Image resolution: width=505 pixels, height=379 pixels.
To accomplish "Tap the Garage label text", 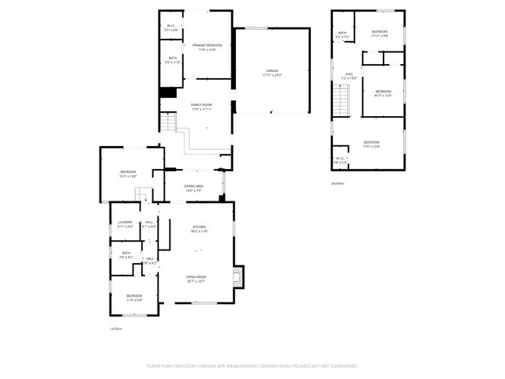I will coord(272,73).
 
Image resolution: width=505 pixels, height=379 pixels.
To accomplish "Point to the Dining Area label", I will coord(194,188).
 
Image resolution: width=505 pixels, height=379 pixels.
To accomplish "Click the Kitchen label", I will coord(199,229).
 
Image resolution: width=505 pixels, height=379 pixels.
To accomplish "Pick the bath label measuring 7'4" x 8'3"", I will coord(126,255).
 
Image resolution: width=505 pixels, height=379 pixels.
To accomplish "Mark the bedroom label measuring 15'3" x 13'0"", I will coord(129,174).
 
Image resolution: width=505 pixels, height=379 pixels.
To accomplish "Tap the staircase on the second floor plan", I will coord(340,101).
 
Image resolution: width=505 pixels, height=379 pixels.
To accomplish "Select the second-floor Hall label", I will coord(349,77).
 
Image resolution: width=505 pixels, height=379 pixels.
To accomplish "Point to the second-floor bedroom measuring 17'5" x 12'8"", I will coord(371,144).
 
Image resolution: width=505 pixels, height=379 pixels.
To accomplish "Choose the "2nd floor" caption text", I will coord(338,182).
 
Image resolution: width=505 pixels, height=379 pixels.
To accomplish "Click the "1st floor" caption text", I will coord(116,328).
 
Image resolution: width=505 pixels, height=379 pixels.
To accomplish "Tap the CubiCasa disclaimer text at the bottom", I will coord(252,366).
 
